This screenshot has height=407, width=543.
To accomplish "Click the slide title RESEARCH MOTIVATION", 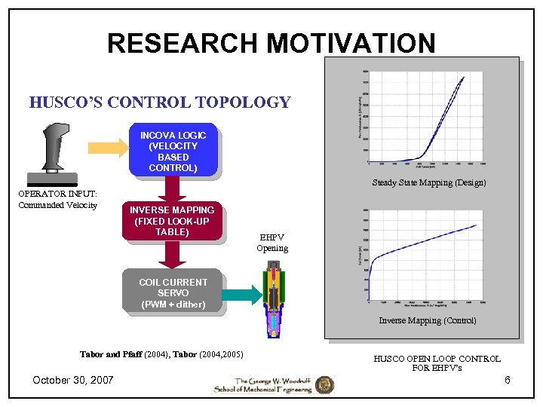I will pos(271,43).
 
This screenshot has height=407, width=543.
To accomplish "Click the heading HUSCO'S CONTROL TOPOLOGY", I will pos(160,103).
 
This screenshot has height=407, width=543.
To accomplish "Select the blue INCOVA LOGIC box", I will pos(173,151).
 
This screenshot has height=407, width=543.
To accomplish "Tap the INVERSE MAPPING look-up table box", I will pos(172,221).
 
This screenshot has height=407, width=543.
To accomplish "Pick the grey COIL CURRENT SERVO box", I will pos(173,292).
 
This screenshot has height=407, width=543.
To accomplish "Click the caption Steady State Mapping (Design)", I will pos(428,182).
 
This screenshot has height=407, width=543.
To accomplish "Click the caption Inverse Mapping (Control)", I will pos(427,320).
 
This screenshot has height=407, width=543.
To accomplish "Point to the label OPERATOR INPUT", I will pos(57,194).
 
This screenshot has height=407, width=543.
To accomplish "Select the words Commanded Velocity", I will pos(57,205).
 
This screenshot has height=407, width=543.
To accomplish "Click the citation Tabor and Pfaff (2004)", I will pos(125,354).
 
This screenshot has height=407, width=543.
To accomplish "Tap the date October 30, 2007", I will pos(73,380).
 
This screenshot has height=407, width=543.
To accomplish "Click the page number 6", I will pos(508,380).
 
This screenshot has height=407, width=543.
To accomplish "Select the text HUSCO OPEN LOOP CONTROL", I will pos(437,359).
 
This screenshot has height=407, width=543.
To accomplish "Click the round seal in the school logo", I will pos(324,384).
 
